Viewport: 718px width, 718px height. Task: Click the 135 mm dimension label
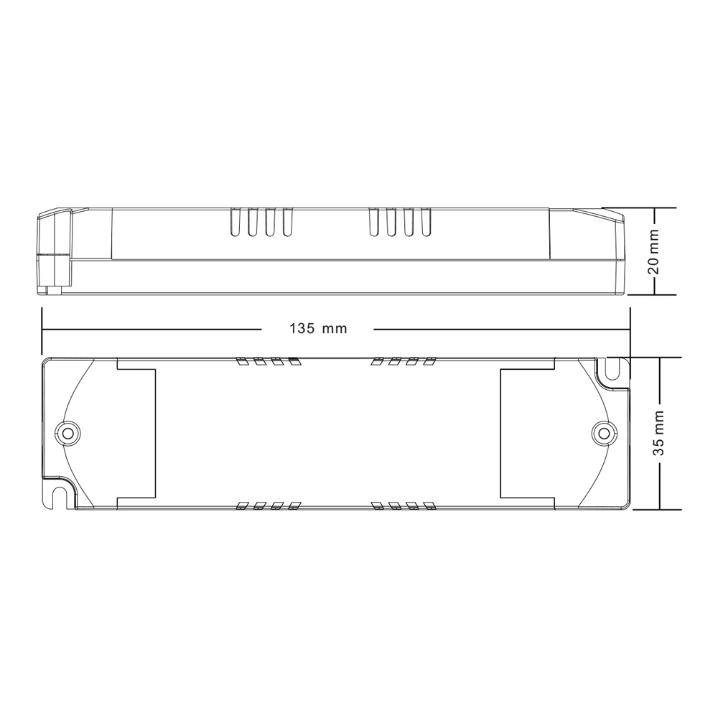tap(318, 329)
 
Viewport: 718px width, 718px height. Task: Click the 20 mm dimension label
tap(654, 251)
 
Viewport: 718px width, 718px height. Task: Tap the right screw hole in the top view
tap(604, 433)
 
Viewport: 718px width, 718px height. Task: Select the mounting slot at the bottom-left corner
tap(57, 495)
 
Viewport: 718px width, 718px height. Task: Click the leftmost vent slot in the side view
tap(235, 223)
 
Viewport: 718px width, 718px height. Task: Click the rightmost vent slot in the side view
tap(426, 223)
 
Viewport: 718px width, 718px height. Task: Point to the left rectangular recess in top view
tap(136, 433)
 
